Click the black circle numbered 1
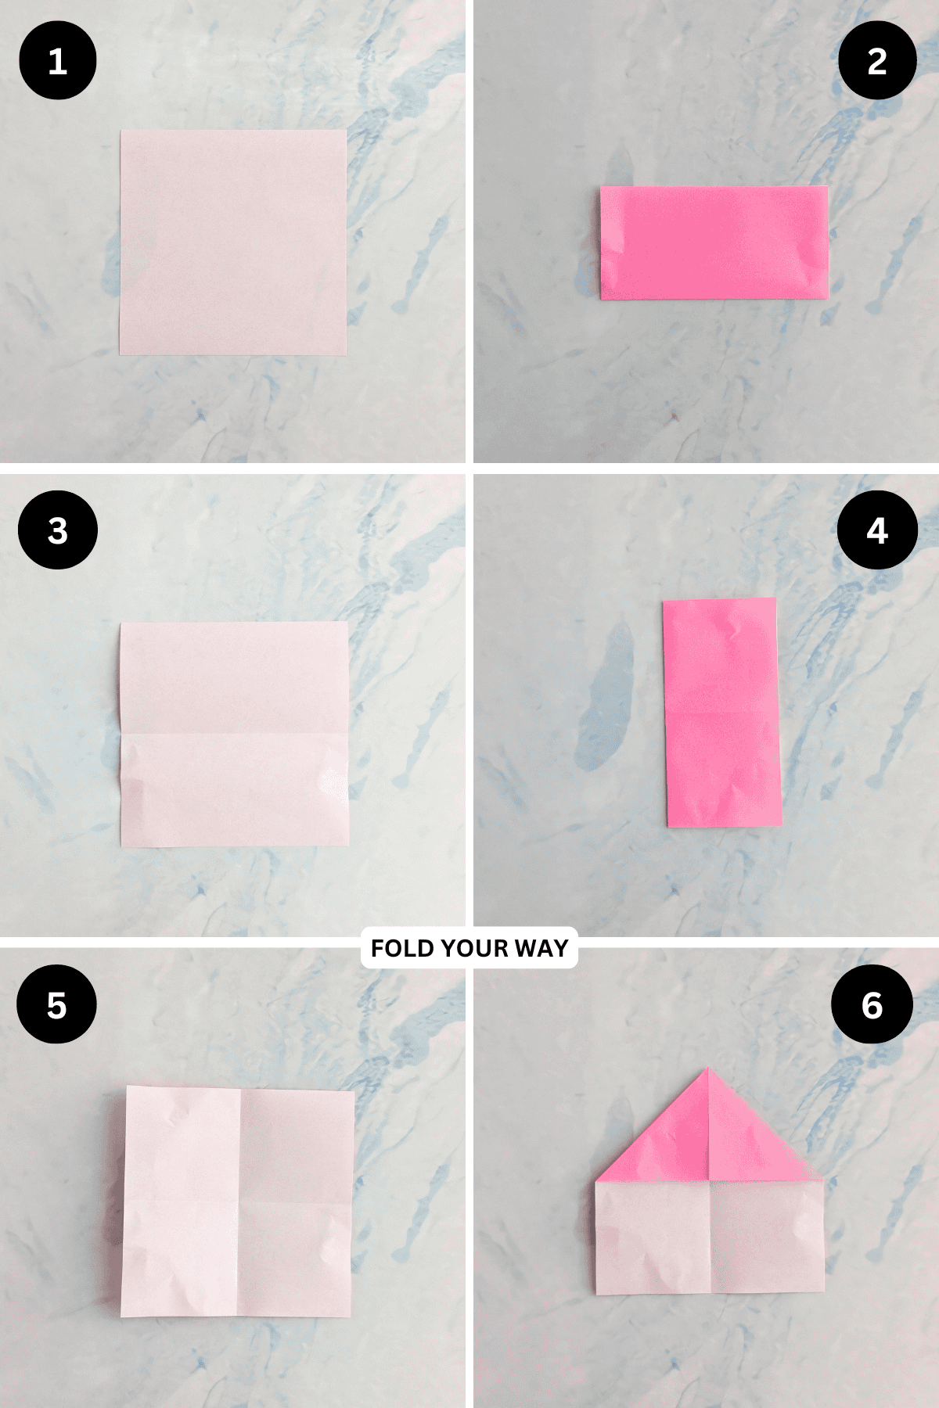57,61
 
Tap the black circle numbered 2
877,61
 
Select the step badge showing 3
57,530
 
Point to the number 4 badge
877,530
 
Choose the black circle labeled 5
57,1004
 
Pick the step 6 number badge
872,1004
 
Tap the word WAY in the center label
541,948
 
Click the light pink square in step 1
233,242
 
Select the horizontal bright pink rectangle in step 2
714,242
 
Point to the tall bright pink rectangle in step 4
721,712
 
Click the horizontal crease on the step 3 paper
235,734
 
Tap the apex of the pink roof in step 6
707,1069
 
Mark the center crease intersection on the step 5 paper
239,1201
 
